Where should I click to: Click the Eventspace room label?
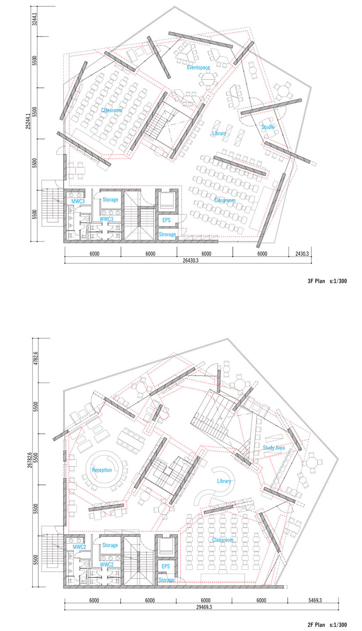[198, 67]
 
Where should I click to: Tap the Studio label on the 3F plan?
[268, 127]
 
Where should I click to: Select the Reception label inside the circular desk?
[102, 470]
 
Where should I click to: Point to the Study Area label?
[274, 448]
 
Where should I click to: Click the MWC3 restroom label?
[78, 201]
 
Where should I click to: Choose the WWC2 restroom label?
[107, 565]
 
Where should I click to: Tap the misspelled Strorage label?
[167, 234]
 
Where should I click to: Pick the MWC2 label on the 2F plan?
[79, 547]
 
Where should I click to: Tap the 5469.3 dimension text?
[313, 600]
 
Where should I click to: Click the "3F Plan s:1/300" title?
[327, 281]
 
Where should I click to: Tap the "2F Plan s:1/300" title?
[327, 625]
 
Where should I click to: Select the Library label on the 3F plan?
[219, 133]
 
